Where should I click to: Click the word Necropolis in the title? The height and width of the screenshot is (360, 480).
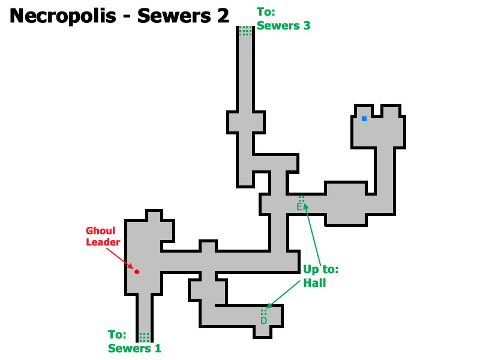(x=63, y=16)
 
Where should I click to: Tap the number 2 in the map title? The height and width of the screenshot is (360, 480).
(x=223, y=16)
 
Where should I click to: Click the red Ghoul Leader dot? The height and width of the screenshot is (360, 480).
(x=137, y=272)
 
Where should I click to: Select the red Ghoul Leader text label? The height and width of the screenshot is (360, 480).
(x=103, y=236)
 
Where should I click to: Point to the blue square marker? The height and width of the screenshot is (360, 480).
(x=364, y=119)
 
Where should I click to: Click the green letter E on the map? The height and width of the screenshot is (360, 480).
(x=299, y=207)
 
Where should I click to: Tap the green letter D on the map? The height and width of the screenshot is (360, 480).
(x=263, y=320)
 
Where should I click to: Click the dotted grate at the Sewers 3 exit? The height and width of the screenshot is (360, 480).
(x=245, y=31)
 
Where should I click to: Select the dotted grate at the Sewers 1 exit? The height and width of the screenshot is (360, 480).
(x=144, y=337)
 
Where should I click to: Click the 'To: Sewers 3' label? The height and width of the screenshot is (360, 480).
(x=283, y=19)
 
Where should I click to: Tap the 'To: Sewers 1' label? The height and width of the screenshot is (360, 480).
(x=134, y=341)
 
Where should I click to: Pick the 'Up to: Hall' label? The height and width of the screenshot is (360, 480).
(x=321, y=276)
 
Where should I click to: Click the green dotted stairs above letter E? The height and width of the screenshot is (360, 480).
(x=301, y=199)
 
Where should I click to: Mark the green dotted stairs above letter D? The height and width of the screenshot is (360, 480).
(x=263, y=312)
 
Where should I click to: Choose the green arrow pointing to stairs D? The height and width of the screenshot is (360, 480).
(x=283, y=294)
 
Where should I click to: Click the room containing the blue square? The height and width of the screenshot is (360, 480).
(x=379, y=127)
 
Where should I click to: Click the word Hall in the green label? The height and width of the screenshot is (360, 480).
(x=314, y=283)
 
